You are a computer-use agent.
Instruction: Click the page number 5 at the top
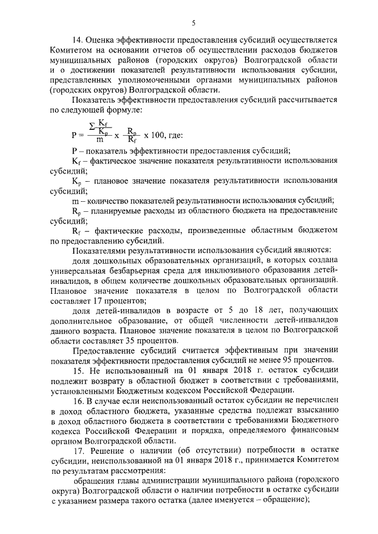(193, 23)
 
